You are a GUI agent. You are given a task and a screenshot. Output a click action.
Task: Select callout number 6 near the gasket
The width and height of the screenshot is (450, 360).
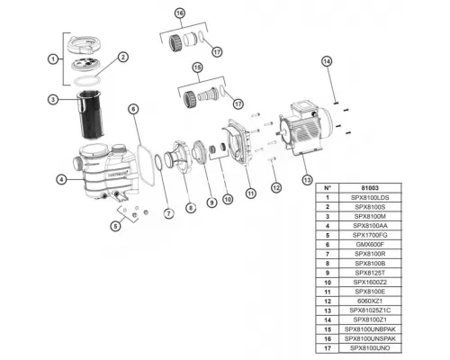[132, 109]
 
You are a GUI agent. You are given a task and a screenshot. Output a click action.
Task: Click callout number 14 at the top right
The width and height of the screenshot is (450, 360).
[327, 60]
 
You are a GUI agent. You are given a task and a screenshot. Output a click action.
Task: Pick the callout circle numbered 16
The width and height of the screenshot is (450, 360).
[179, 13]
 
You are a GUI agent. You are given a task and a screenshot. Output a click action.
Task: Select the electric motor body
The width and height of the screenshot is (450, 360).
[307, 134]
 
